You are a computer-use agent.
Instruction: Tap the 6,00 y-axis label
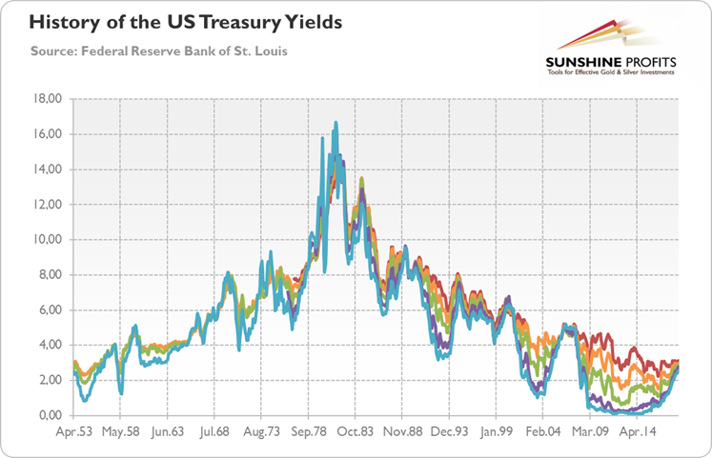coord(48,310)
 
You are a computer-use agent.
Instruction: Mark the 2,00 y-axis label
coord(48,381)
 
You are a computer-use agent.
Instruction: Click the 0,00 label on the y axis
coord(48,416)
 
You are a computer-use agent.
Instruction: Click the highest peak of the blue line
coord(336,123)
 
